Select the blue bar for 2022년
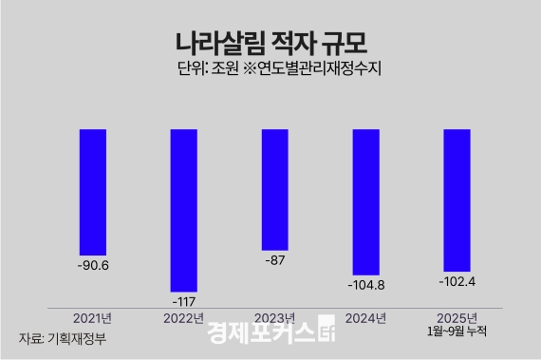(x=183, y=210)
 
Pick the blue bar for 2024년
(x=365, y=201)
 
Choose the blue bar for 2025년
(x=457, y=199)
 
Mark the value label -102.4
(x=457, y=282)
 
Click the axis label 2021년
(x=93, y=317)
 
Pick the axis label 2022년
(x=183, y=317)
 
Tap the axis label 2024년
(x=365, y=317)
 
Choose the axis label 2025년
(x=457, y=317)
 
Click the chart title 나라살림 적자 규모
(x=270, y=42)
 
